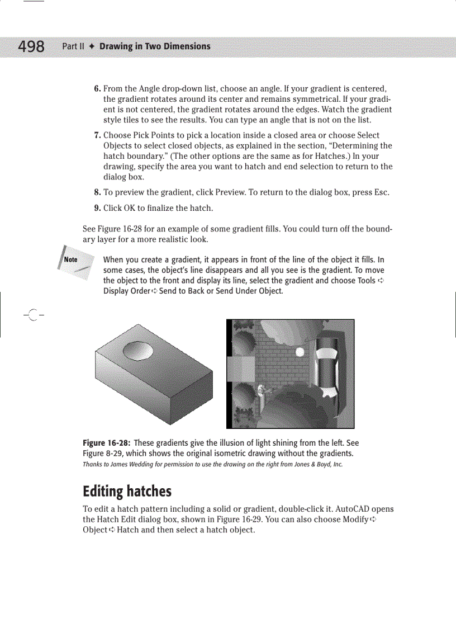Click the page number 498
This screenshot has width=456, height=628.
(31, 47)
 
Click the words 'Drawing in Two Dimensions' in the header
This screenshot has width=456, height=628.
(155, 46)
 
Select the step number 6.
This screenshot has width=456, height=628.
(97, 89)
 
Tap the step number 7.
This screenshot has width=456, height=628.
(97, 135)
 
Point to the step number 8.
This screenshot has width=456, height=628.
(97, 192)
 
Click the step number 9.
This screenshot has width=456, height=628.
(97, 208)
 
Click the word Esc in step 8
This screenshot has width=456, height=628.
(382, 192)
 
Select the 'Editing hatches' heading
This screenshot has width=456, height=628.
(127, 492)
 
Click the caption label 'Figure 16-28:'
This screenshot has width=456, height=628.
(107, 443)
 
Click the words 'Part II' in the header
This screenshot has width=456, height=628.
(73, 46)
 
